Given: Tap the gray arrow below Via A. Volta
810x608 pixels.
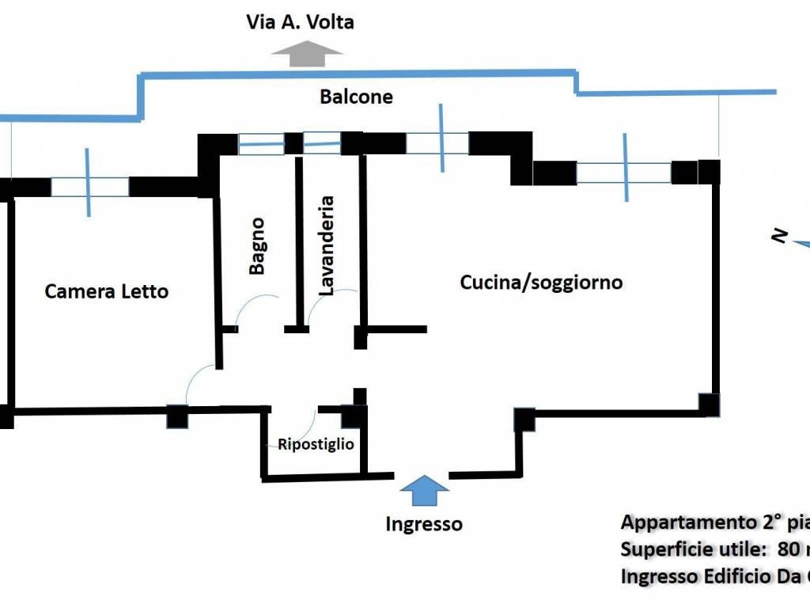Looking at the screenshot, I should point(307,54).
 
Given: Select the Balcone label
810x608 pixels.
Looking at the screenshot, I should point(356,97).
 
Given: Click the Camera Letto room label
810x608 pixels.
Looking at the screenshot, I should point(107,291).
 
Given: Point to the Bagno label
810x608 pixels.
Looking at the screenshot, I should point(257,246).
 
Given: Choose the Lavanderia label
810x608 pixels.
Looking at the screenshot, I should point(326,246).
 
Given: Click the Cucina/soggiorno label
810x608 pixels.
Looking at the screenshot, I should point(541,282).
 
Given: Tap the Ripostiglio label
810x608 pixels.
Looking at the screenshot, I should point(316,444).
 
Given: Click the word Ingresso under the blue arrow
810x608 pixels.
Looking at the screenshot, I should point(424,524).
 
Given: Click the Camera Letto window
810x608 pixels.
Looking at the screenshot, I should point(89,187).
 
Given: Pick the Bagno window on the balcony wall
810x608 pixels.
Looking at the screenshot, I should point(262,144).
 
